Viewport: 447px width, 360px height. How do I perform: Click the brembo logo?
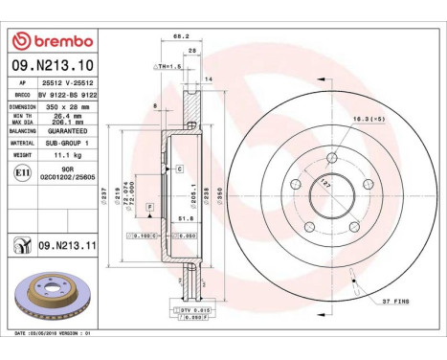coord(51,41)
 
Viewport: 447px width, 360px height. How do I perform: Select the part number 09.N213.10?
coord(51,66)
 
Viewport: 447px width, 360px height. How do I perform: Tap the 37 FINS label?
coord(394,301)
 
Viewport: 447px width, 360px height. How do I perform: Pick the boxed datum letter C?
coord(178,168)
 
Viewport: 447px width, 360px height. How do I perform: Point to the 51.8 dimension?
coord(179,216)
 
